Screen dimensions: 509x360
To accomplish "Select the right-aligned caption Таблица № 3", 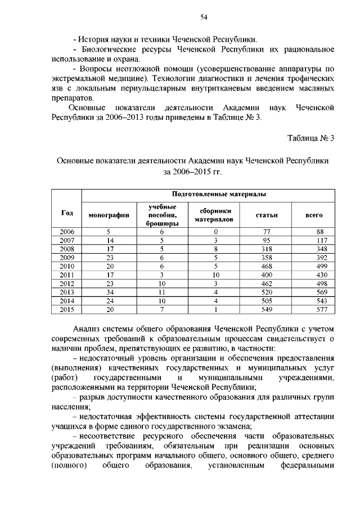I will [x=310, y=138].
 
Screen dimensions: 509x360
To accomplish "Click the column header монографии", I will [x=109, y=215].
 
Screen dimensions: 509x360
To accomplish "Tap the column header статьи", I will [x=267, y=215].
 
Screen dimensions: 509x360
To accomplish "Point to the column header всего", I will [x=313, y=215].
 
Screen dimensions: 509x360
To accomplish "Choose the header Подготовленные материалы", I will [x=219, y=194].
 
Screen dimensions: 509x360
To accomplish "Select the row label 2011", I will [x=67, y=274].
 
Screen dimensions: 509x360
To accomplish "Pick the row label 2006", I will [x=67, y=231].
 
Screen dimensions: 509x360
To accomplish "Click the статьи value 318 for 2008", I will [x=267, y=249].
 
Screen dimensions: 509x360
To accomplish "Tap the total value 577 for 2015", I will [x=321, y=309].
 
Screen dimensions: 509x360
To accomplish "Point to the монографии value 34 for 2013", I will [x=110, y=291].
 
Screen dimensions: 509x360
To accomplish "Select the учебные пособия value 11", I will [x=161, y=291].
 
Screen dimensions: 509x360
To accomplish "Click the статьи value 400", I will [x=267, y=274].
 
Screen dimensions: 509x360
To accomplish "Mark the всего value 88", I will [x=321, y=231].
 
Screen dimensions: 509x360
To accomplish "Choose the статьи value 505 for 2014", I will [x=267, y=300].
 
